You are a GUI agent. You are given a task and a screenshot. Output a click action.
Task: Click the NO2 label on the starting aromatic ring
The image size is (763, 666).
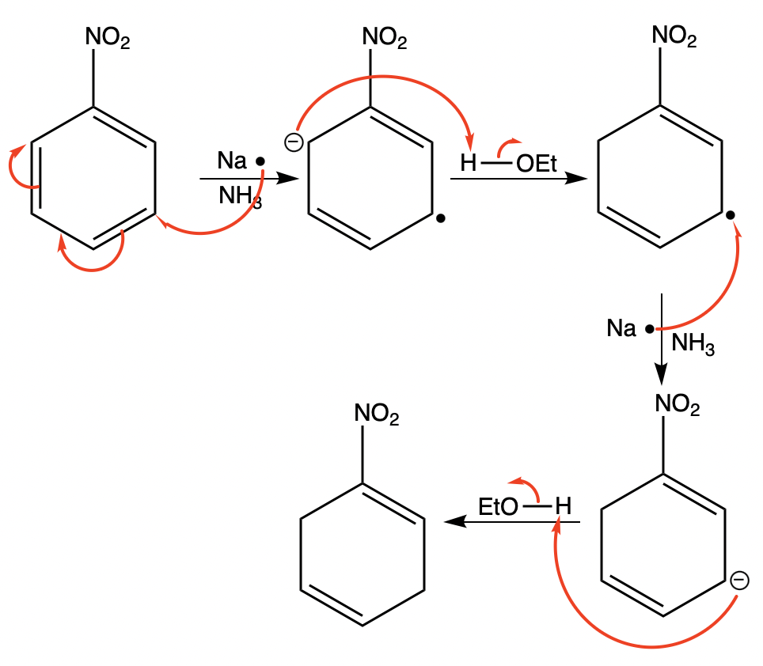(x=108, y=37)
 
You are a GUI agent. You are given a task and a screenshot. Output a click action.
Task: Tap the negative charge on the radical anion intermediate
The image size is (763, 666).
(x=294, y=142)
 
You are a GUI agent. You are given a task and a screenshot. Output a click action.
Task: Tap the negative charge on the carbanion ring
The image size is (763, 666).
(x=738, y=581)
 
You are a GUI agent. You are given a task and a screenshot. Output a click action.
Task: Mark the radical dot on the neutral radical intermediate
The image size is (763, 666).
(x=731, y=215)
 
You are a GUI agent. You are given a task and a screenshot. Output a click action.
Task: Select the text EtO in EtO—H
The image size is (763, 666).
(x=498, y=506)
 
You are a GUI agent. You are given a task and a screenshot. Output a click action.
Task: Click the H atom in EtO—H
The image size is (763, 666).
(x=562, y=505)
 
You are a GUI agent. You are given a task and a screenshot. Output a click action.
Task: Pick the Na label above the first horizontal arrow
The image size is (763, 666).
(x=232, y=161)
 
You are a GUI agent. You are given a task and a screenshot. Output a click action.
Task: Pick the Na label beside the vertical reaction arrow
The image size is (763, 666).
(x=622, y=327)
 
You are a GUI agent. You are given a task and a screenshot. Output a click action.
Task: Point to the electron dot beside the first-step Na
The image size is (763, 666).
(x=260, y=162)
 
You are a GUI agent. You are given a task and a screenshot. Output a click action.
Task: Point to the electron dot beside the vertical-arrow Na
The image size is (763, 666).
(x=648, y=328)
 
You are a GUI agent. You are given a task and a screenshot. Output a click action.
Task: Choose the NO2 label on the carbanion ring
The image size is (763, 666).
(x=678, y=406)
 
